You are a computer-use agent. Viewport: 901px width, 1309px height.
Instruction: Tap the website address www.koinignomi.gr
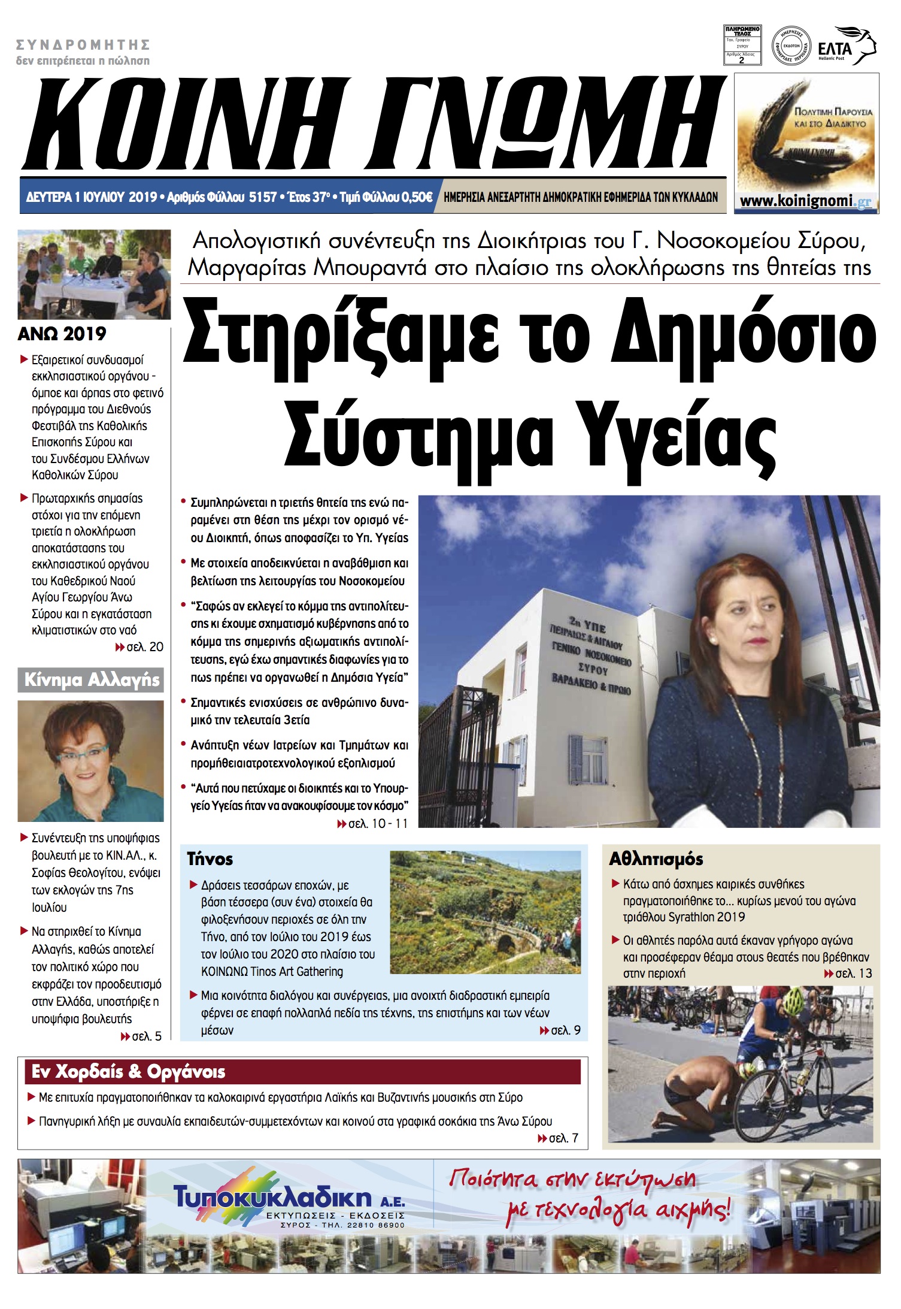pos(805,201)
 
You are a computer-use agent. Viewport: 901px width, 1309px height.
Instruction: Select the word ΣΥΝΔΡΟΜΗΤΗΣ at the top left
pos(83,45)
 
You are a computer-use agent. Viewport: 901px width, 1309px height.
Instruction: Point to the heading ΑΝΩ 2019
pos(62,334)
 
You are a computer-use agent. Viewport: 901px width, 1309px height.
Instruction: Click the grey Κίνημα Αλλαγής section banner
pos(91,680)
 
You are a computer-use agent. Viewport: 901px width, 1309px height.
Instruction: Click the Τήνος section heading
pos(210,859)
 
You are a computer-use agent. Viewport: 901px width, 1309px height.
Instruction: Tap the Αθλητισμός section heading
pos(656,859)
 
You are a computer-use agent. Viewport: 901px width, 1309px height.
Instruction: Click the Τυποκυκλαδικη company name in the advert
pos(273,1198)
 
